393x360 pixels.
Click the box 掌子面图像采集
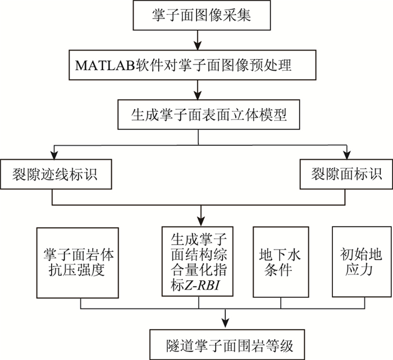point(196,16)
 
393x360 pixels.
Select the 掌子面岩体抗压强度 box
point(77,261)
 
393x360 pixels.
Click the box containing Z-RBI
point(197,261)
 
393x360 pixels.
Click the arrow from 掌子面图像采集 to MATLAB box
point(196,39)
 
